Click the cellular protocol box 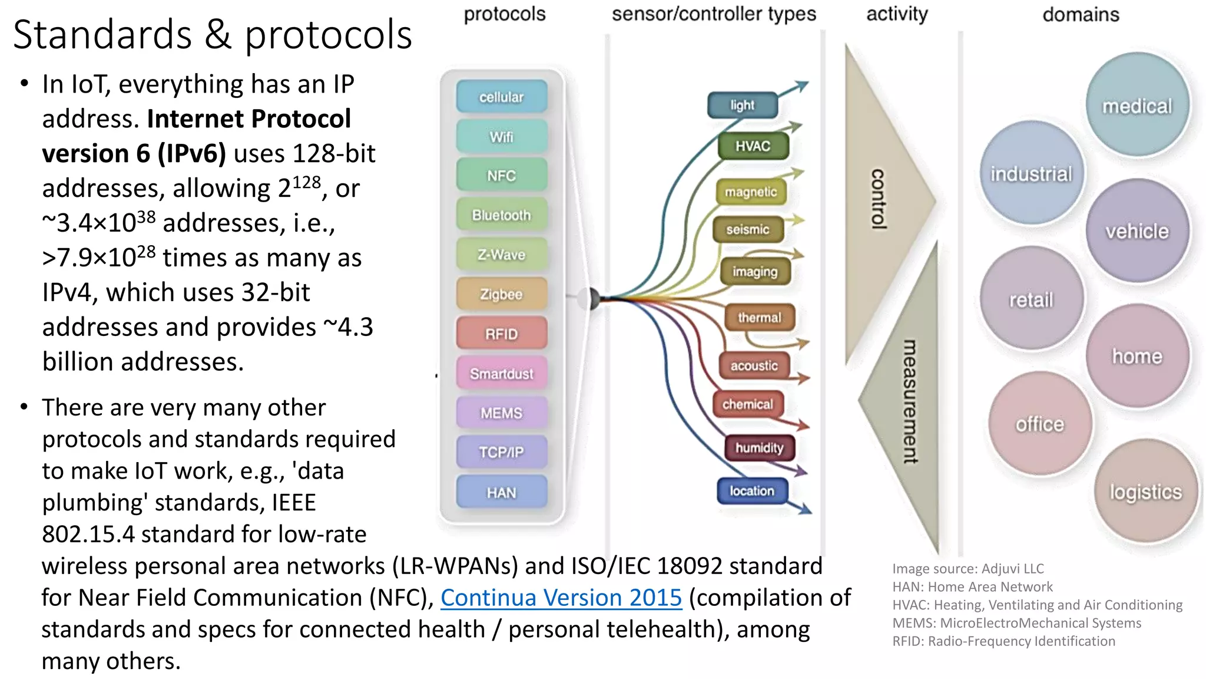[x=501, y=97]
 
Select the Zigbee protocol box [x=501, y=294]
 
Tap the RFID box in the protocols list [x=501, y=334]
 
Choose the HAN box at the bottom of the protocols [x=501, y=492]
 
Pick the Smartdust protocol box [x=501, y=373]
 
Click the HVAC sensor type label [x=753, y=146]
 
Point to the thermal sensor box [x=760, y=318]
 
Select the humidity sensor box [x=760, y=448]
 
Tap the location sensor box [x=752, y=491]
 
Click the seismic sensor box [x=747, y=229]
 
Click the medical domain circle [x=1137, y=106]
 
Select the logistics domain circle [x=1145, y=492]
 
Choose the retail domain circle [x=1031, y=299]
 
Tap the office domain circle [x=1039, y=424]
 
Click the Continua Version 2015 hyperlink [x=561, y=598]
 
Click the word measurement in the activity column [x=910, y=401]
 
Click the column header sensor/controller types [x=714, y=14]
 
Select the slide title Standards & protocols [x=213, y=34]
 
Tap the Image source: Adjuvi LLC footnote [x=968, y=569]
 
